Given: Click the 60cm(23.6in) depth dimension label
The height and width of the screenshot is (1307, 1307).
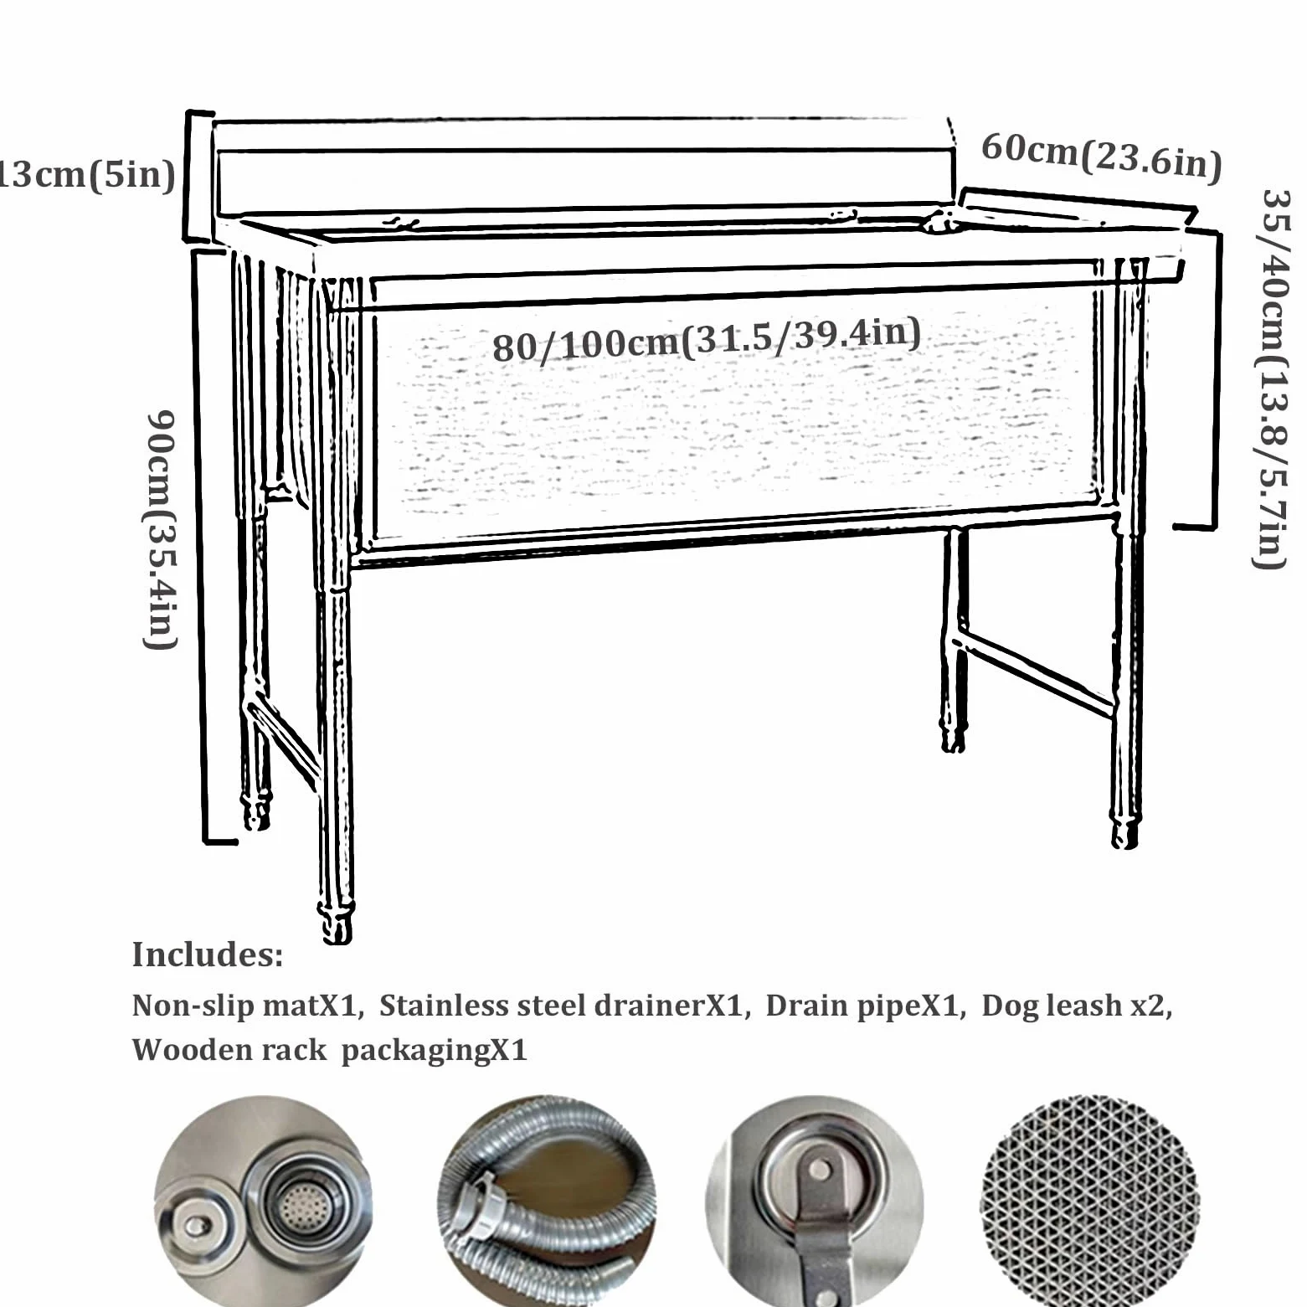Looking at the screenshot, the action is click(1101, 156).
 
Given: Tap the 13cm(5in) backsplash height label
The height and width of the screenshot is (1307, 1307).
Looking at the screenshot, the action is click(86, 174).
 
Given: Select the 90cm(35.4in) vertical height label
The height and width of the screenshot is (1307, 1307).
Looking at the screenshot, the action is click(160, 529).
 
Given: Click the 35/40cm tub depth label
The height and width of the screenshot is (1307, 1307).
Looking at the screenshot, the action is click(1274, 378).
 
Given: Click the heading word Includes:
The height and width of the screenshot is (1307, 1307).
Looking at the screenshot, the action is click(208, 955).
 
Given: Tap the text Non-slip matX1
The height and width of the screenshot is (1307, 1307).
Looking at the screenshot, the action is click(247, 1006).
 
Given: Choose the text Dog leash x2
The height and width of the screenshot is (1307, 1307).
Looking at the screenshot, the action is click(1076, 1006).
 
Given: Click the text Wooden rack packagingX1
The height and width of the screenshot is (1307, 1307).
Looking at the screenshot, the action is click(329, 1049).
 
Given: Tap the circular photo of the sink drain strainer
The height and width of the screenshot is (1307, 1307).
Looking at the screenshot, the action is click(263, 1202).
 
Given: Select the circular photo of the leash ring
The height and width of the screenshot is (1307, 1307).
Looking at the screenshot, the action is click(816, 1202).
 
